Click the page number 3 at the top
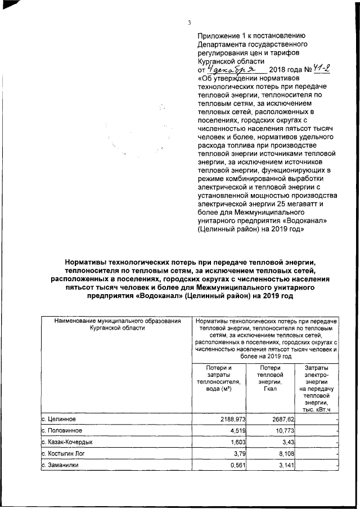190,22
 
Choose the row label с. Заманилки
60,466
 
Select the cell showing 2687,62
276,419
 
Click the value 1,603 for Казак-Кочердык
236,443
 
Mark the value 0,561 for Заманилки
236,466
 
